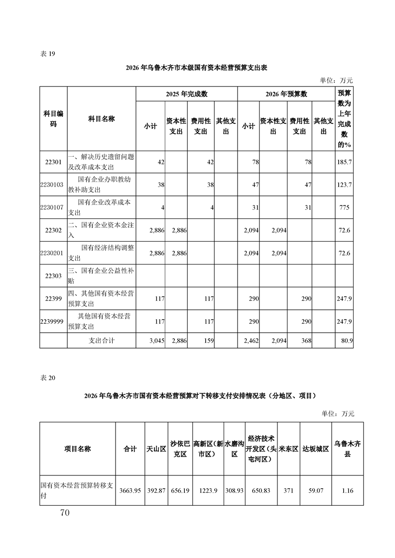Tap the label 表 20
coord(48,377)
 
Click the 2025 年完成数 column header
coord(186,93)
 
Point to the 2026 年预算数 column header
coord(286,93)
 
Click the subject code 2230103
coord(52,185)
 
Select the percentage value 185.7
coord(344,162)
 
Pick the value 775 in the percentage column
coord(344,207)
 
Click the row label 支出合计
coord(102,341)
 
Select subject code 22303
coord(53,275)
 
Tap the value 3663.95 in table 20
coord(131,490)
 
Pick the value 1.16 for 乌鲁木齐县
coord(348,490)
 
